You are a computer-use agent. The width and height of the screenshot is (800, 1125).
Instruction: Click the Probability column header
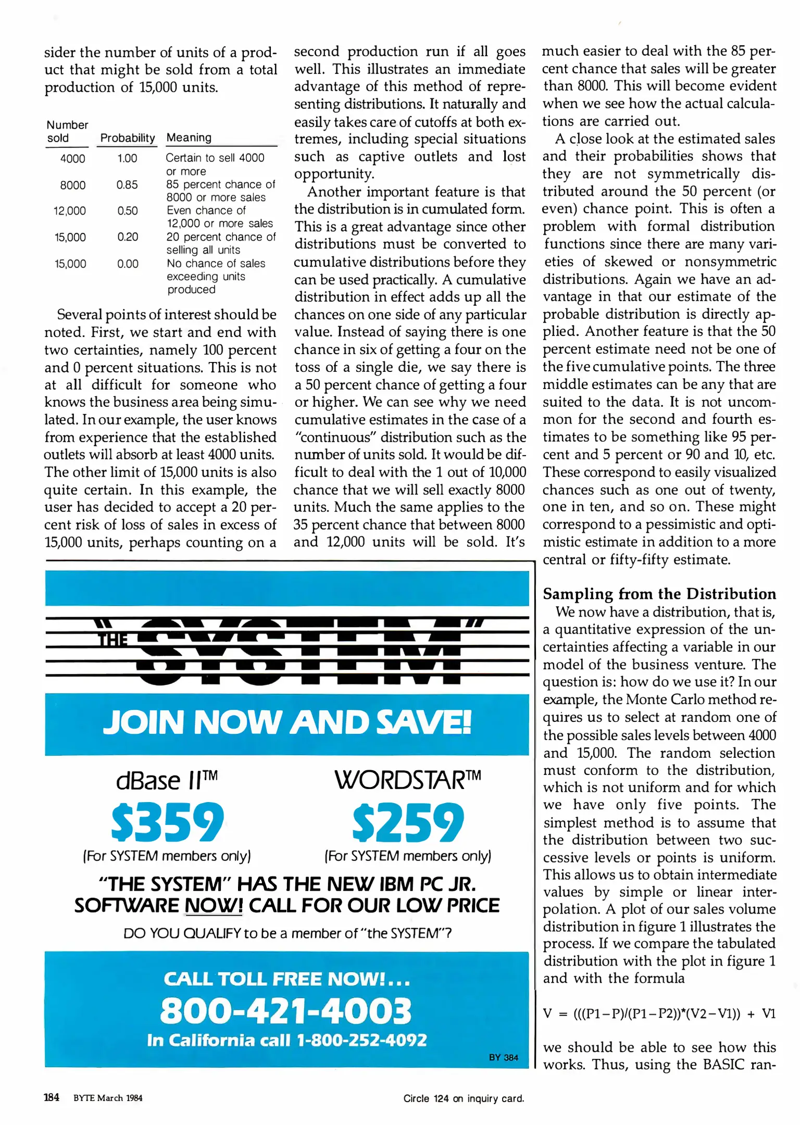128,138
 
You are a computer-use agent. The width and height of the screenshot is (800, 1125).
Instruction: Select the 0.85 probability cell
127,185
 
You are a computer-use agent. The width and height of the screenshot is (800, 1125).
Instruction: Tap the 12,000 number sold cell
70,211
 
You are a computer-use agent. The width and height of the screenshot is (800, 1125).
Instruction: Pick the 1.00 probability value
127,158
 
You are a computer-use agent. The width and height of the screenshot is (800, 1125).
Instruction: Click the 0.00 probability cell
128,264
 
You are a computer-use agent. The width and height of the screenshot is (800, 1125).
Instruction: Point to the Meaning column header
189,137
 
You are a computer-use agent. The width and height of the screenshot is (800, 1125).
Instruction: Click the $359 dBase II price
167,822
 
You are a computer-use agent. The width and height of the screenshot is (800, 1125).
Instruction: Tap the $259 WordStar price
408,822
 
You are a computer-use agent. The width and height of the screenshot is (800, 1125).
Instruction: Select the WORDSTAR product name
408,780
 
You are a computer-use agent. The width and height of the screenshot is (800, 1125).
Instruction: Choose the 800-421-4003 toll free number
285,1011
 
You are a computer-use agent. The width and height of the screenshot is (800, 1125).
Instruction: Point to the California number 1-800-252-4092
361,1040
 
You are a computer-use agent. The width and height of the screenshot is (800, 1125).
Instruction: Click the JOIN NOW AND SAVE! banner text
287,722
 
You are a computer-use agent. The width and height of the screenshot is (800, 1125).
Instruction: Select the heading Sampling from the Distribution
659,594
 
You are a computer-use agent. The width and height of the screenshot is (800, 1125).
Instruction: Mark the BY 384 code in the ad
504,1057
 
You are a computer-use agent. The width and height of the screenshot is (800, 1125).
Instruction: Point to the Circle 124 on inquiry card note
464,1098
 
